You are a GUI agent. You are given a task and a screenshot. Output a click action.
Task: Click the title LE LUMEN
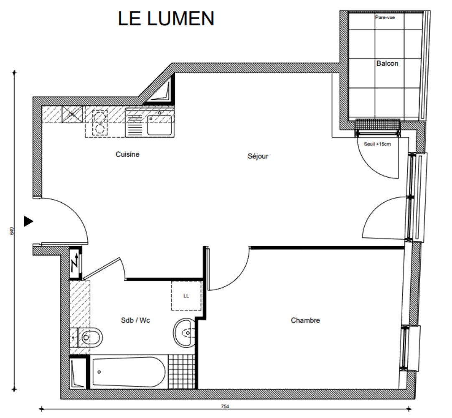pos(166,19)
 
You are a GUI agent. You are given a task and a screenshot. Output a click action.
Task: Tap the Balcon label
pos(387,64)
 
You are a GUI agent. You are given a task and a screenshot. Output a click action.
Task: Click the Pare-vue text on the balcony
pos(385,18)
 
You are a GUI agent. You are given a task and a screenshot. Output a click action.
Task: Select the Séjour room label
pos(258,156)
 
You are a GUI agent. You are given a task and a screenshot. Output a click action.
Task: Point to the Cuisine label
pos(127,154)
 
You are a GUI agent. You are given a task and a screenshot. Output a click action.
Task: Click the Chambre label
pos(305,320)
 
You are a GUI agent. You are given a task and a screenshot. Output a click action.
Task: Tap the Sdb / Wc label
pos(135,320)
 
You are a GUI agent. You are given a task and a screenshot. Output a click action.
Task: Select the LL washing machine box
pos(186,296)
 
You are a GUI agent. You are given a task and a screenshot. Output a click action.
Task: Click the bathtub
pos(128,372)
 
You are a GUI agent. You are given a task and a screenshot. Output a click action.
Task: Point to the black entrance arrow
pos(28,221)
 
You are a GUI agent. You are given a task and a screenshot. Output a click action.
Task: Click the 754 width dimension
pos(225,406)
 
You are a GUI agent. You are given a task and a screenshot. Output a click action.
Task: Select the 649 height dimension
pos(12,231)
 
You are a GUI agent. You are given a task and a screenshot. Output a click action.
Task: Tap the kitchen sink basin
pos(159,125)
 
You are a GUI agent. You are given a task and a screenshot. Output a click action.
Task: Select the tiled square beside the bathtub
pos(181,371)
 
